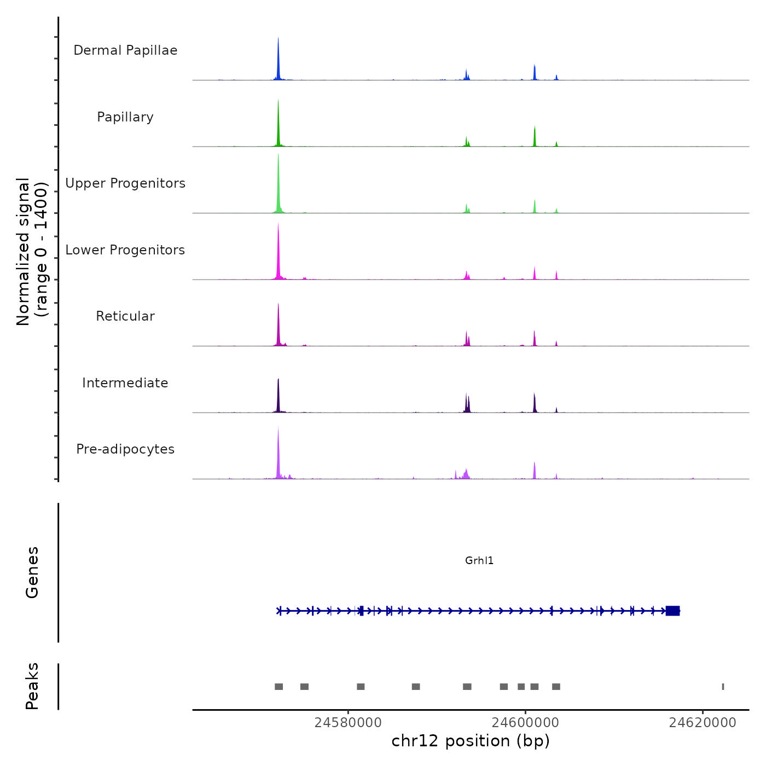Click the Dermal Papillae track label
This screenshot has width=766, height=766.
tap(125, 50)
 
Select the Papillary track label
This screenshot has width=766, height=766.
tap(125, 117)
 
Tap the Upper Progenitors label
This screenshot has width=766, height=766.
tap(125, 183)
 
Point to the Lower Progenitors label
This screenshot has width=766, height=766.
tap(125, 250)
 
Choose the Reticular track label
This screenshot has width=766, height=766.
tap(125, 316)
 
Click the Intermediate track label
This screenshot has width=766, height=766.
tap(125, 383)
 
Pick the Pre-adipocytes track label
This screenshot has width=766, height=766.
tap(125, 449)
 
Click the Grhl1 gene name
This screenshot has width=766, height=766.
tap(479, 560)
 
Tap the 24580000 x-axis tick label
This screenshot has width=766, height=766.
tap(348, 722)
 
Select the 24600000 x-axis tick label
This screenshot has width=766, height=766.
tap(525, 722)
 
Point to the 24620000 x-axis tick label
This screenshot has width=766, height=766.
tap(703, 722)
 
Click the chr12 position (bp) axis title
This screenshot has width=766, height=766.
tap(471, 741)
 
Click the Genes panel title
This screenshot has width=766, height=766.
tap(32, 572)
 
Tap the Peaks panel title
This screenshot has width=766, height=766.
tap(32, 686)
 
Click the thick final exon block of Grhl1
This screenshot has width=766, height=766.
tap(672, 611)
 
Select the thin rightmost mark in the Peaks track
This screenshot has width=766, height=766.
tap(723, 687)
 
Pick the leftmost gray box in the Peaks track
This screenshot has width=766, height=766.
tap(278, 687)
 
